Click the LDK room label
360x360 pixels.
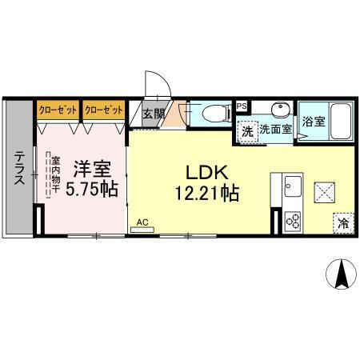207,173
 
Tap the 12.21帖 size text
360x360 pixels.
207,193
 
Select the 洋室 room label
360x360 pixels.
92,169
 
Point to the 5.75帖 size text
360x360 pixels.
92,189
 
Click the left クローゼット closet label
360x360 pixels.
58,110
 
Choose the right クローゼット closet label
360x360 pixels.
104,110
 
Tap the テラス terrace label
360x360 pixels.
19,168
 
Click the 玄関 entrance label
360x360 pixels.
154,114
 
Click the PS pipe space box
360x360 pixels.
242,106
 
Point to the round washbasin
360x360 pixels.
279,109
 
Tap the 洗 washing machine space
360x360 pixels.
247,132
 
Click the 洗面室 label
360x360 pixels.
276,130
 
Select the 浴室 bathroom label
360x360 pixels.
314,122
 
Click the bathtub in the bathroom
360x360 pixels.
341,122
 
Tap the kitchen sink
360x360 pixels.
293,186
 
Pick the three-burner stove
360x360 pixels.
293,221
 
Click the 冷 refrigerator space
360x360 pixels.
343,223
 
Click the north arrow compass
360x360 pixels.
342,274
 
